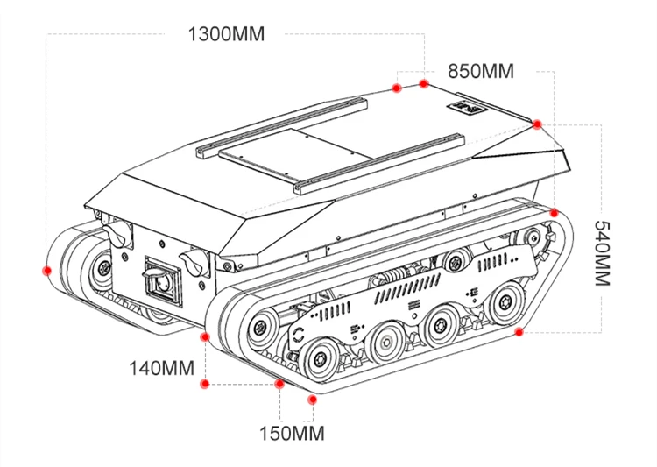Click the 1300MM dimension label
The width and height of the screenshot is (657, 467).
[226, 34]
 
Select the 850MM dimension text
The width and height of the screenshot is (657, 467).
[481, 71]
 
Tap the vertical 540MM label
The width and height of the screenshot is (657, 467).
[602, 252]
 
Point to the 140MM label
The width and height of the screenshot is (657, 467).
[161, 368]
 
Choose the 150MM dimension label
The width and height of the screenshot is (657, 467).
[292, 433]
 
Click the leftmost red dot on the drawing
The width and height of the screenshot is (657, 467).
[46, 270]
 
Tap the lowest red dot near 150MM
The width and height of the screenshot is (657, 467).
[312, 400]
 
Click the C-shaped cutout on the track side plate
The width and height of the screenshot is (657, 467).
[300, 335]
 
